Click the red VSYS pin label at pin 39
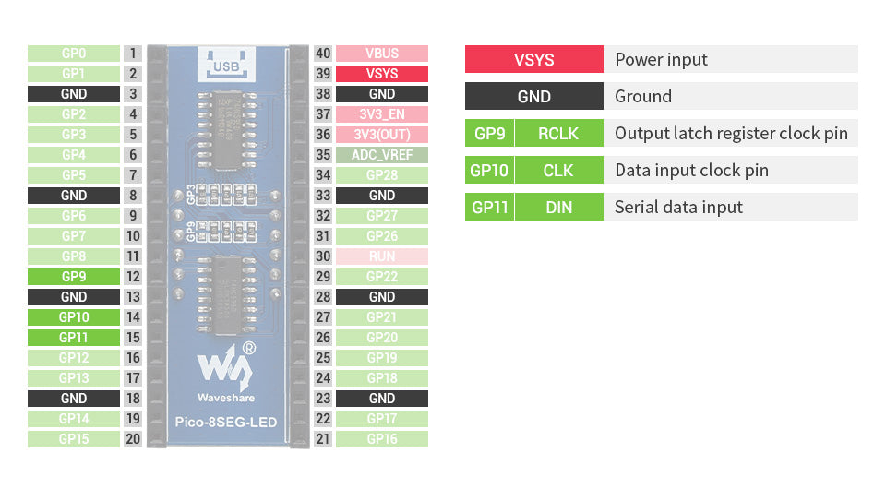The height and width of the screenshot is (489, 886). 381,74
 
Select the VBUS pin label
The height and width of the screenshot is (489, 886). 381,54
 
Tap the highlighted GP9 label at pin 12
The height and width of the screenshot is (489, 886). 74,277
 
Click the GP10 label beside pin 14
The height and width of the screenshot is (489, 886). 74,317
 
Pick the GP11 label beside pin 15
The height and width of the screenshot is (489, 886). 74,338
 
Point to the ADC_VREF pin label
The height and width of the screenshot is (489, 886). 381,155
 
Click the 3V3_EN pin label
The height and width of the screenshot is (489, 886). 381,114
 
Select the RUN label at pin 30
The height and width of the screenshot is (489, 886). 381,256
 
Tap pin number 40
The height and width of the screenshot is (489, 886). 323,54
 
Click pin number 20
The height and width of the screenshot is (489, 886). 133,439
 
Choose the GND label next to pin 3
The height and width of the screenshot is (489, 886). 74,94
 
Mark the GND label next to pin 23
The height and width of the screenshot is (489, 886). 381,399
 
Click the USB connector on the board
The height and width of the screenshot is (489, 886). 226,65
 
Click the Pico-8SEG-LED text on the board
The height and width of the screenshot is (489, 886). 225,423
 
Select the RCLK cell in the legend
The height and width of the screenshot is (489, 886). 558,133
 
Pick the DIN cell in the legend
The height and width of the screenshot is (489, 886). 558,207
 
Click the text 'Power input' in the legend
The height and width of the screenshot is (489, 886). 661,59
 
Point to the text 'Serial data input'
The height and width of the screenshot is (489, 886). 678,207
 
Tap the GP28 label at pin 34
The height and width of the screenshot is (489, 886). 381,175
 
